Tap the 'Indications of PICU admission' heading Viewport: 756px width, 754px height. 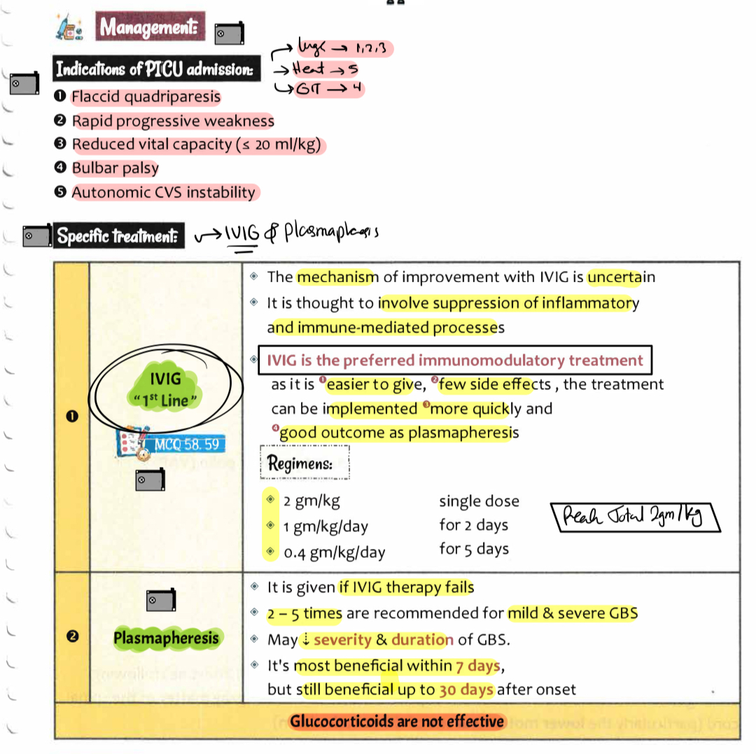[154, 69]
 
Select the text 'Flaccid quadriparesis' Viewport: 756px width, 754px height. [146, 97]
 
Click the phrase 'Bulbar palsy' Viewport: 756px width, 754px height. [115, 168]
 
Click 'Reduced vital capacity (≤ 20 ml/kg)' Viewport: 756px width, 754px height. [199, 144]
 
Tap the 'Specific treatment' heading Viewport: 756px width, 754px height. [118, 236]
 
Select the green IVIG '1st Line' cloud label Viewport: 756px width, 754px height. [166, 389]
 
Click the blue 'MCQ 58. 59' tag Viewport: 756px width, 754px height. [186, 444]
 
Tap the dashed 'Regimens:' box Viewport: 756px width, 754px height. [304, 463]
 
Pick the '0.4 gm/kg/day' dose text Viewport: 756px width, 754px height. [334, 552]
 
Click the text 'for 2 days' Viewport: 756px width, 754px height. [473, 525]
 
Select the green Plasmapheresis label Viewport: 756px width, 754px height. [166, 637]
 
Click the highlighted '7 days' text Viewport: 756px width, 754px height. [478, 665]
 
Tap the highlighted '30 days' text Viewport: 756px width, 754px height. [466, 690]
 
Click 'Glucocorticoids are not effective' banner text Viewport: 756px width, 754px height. [396, 721]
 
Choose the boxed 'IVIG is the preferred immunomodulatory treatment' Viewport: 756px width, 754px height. [455, 361]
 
